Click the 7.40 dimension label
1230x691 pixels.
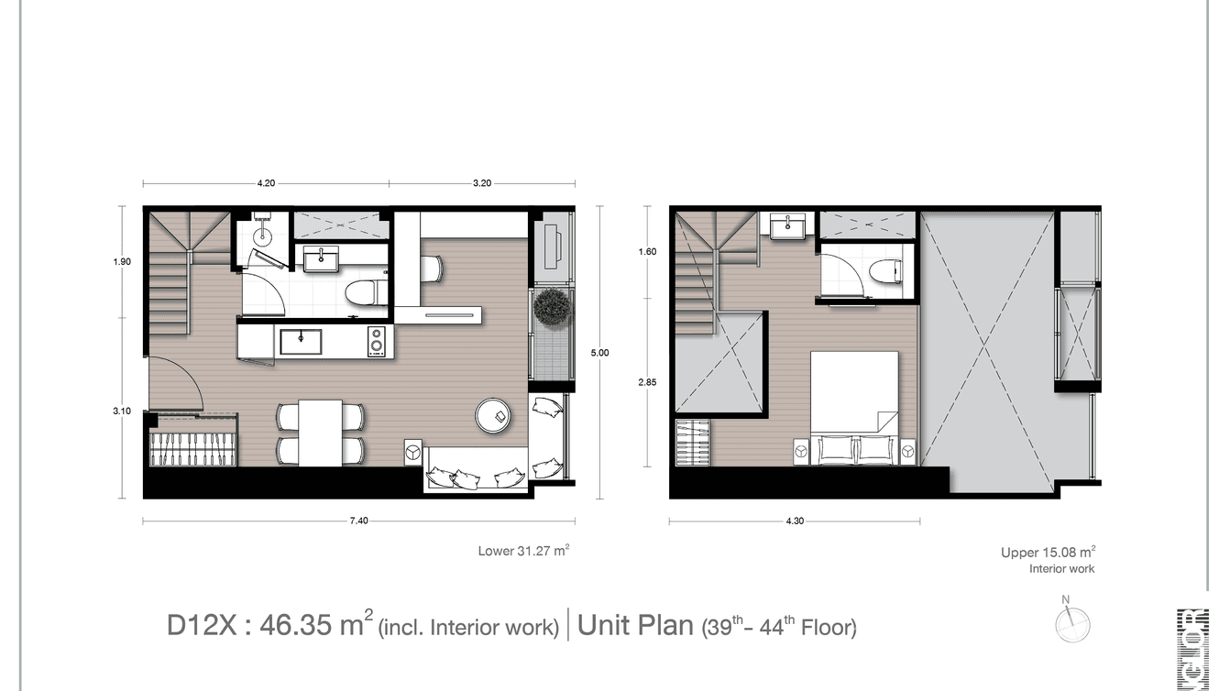358,521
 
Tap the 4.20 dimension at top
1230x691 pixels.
266,183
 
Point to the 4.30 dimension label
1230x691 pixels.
795,521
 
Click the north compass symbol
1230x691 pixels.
1071,623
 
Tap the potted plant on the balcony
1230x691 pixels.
553,308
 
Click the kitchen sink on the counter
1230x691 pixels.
301,342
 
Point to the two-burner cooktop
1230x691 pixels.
376,342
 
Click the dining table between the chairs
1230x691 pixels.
320,433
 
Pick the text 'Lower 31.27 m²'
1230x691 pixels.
524,551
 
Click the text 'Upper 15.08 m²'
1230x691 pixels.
1048,553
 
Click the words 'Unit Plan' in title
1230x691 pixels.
635,626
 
